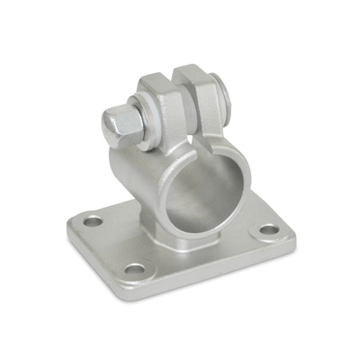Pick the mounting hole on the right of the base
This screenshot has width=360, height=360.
270,229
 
